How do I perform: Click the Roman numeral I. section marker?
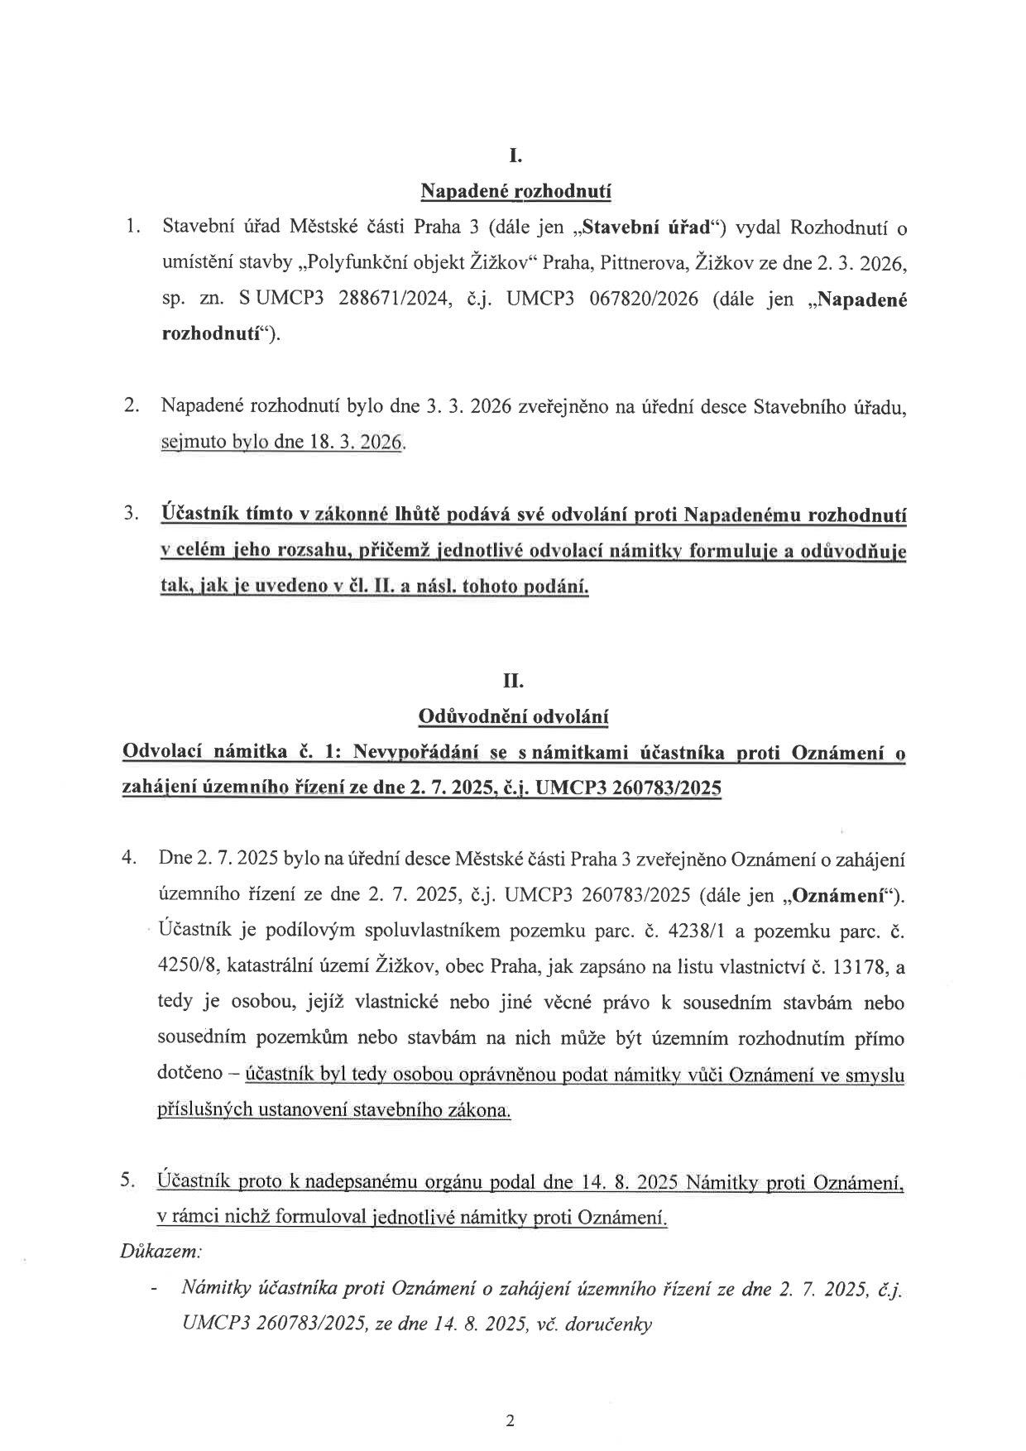[515, 156]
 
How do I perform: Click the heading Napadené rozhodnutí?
[515, 192]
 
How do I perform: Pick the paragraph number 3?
[131, 514]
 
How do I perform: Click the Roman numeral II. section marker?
[514, 681]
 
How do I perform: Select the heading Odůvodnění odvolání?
[514, 716]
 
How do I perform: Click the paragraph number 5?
[127, 1180]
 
